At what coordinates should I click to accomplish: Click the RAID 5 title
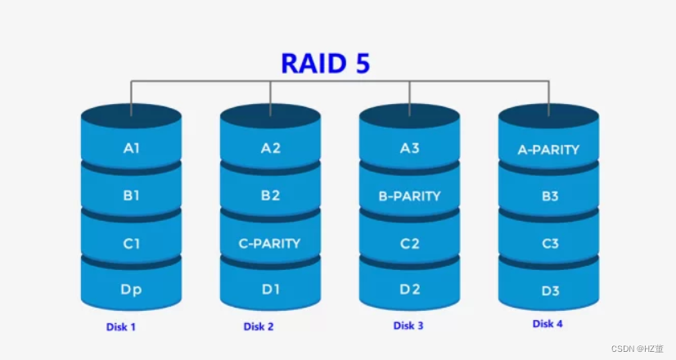point(326,63)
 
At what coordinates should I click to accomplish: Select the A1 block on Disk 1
point(131,149)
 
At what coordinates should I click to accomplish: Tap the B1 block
point(131,196)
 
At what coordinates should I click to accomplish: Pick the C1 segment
point(131,243)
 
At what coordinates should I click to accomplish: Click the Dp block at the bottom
point(131,289)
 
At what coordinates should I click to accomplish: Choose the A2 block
point(270,149)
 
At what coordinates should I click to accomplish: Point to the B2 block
point(270,196)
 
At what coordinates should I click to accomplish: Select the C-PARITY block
point(270,243)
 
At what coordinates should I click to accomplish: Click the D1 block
point(270,289)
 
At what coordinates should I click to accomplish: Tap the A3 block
point(409,149)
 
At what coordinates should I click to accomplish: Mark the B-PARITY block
point(409,196)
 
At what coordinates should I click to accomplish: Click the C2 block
point(409,243)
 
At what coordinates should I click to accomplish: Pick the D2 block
point(409,289)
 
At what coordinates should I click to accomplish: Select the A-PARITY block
point(548,150)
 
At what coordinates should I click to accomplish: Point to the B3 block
point(548,196)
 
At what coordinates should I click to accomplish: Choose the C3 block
point(548,243)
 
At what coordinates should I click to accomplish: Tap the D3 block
point(548,289)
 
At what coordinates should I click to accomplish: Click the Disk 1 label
point(121,327)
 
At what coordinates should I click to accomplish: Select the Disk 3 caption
point(408,326)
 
